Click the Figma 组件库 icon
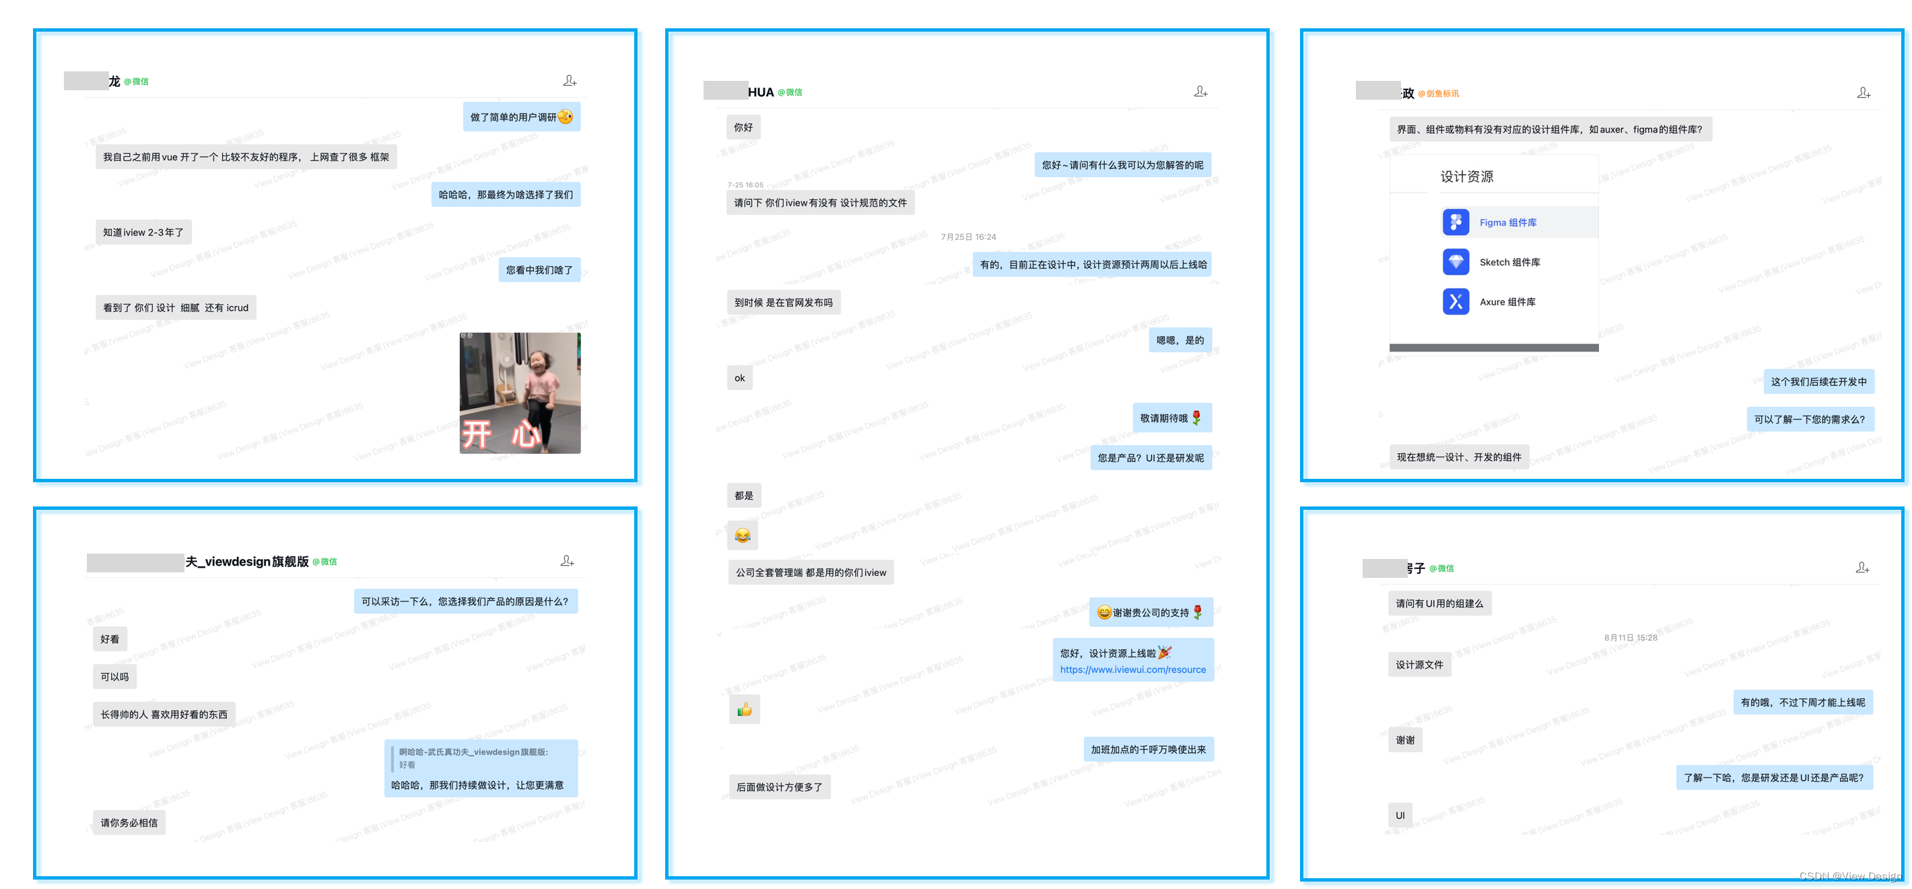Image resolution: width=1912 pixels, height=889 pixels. (1456, 222)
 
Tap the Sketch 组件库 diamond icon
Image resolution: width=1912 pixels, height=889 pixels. (1456, 262)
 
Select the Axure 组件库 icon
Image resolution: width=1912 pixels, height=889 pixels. (1456, 302)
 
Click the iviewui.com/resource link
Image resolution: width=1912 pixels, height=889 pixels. (1132, 669)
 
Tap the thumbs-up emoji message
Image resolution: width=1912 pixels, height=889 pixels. (745, 710)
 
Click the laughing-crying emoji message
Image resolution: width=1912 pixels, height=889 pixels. (742, 535)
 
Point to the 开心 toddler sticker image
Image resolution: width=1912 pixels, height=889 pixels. (520, 393)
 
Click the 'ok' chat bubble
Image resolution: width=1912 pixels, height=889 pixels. (739, 378)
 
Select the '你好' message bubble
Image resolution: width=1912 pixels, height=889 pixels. (743, 127)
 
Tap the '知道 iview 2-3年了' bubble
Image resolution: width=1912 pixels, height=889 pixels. (143, 232)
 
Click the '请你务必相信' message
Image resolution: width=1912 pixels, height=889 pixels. (129, 823)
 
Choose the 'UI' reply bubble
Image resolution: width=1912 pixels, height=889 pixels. (1400, 816)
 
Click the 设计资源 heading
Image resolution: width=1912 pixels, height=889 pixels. (1467, 176)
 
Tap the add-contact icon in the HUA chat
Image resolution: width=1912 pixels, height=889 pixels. (1200, 92)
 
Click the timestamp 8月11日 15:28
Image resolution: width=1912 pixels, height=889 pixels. (1630, 637)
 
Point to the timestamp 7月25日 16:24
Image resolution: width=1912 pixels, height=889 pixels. (968, 237)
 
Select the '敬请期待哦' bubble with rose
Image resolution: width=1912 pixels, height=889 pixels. (1171, 418)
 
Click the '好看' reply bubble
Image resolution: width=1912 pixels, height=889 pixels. (110, 638)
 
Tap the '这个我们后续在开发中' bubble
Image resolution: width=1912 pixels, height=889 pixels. (1818, 382)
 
